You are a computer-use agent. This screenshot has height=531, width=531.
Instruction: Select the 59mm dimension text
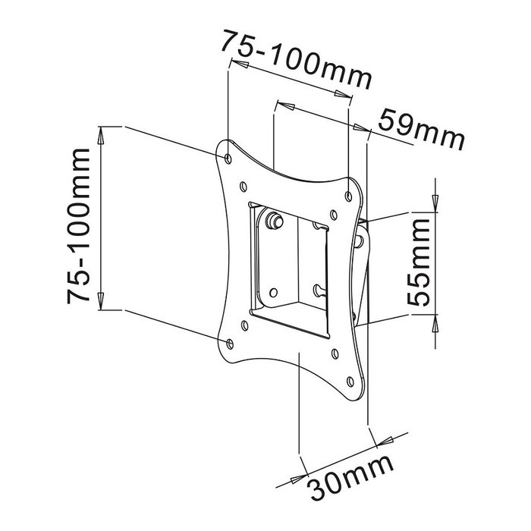[x=421, y=130]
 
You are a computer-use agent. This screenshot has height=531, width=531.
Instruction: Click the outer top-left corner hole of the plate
[x=230, y=157]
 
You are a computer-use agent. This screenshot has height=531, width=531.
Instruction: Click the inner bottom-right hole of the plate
[x=335, y=353]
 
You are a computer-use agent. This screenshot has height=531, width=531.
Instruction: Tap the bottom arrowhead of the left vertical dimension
[x=101, y=301]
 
